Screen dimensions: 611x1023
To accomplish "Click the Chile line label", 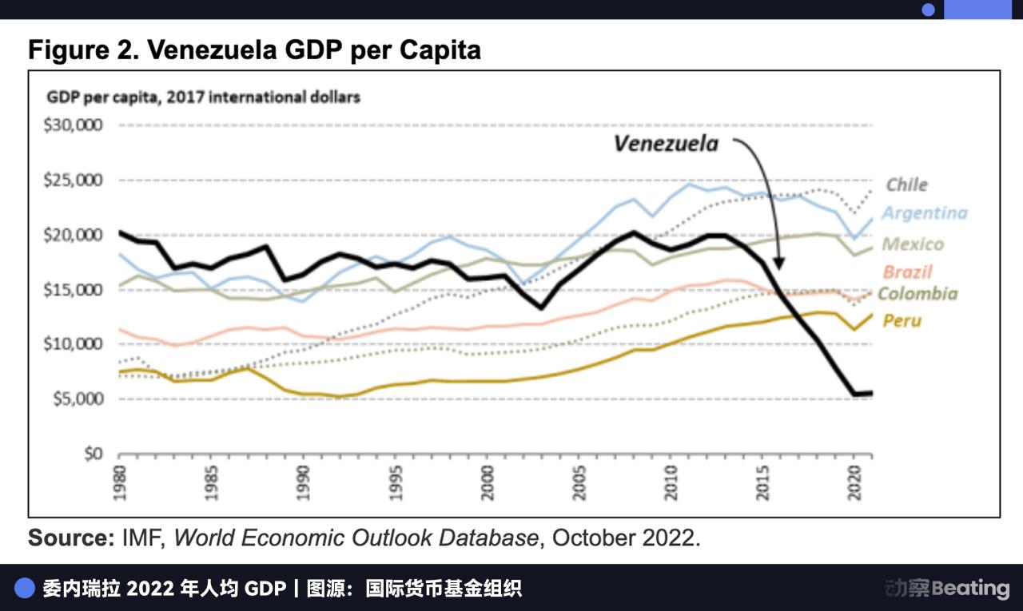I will [x=906, y=184].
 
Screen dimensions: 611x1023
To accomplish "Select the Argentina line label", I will [x=924, y=213].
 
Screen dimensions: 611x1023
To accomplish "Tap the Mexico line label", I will [x=913, y=244].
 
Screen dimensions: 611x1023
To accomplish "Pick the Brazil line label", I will [x=907, y=272].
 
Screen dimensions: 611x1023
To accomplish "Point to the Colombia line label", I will [x=918, y=293].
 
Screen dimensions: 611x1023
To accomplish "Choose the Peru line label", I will [x=902, y=321].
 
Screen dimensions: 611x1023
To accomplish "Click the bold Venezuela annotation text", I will [x=666, y=144].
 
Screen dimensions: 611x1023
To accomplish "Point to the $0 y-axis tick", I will [x=94, y=454].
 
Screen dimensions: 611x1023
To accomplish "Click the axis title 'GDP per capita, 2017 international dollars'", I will [x=203, y=97].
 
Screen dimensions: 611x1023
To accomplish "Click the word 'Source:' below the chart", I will [x=72, y=538].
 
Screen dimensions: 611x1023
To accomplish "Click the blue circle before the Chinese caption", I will [x=25, y=589].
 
